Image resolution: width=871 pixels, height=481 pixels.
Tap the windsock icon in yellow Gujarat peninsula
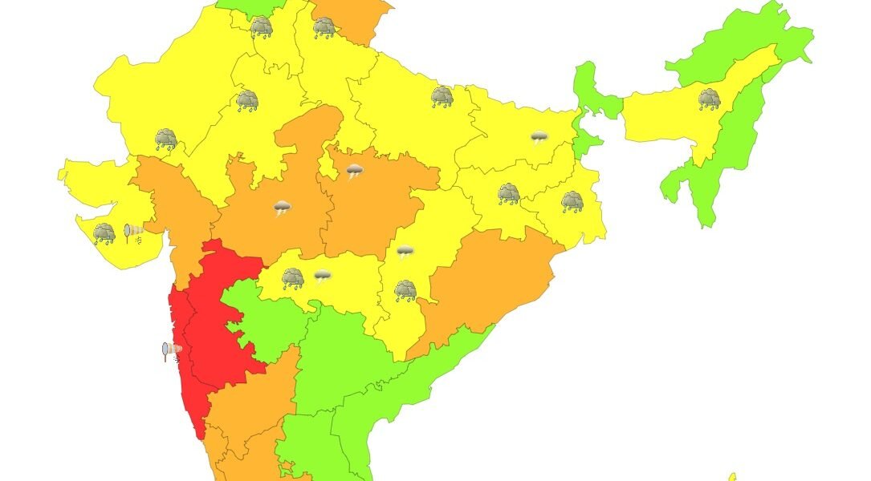pyautogui.click(x=134, y=233)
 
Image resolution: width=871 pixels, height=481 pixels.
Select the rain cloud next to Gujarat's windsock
pyautogui.click(x=104, y=233)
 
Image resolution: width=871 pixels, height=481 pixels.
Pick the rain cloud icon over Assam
pyautogui.click(x=709, y=99)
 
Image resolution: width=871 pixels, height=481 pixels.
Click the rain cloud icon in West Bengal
pyautogui.click(x=572, y=201)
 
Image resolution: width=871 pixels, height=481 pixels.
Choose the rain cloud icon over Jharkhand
pyautogui.click(x=508, y=194)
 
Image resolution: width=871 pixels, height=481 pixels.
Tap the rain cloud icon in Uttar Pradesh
pyautogui.click(x=442, y=97)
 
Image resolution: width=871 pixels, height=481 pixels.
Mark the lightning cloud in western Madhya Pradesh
pyautogui.click(x=282, y=209)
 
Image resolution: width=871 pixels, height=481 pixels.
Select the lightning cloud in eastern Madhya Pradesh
pyautogui.click(x=354, y=171)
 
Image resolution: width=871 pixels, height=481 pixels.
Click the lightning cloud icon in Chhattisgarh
pyautogui.click(x=405, y=253)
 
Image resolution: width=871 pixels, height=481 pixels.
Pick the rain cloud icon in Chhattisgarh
pyautogui.click(x=405, y=290)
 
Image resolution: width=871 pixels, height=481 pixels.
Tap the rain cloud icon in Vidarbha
pyautogui.click(x=292, y=278)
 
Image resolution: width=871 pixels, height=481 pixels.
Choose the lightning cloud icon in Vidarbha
pyautogui.click(x=322, y=277)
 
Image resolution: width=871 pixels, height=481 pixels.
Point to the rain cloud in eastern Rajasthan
pyautogui.click(x=247, y=101)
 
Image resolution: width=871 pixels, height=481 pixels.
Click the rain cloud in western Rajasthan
pyautogui.click(x=166, y=139)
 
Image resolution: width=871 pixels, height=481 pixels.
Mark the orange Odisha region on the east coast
pyautogui.click(x=490, y=281)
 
